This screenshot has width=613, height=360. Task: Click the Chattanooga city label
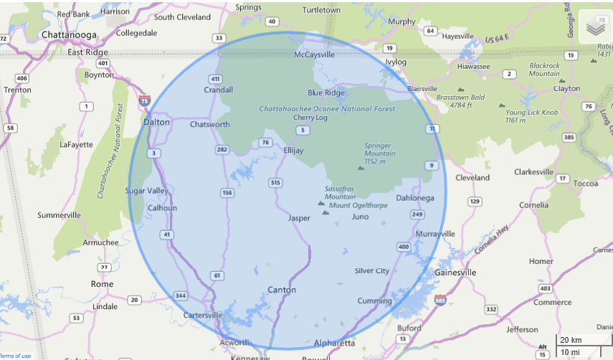68,34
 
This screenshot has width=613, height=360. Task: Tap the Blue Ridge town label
325,93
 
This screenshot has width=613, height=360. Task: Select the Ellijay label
293,151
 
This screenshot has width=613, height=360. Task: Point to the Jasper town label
299,218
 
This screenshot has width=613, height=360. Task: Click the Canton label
280,290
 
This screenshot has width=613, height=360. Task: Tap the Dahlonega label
415,198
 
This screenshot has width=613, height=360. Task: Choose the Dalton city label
156,122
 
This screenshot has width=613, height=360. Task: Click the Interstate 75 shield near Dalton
145,101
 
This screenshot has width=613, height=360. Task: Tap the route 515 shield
275,183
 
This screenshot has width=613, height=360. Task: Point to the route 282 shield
222,149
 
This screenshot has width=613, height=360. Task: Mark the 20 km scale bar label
571,340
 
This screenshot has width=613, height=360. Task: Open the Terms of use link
15,356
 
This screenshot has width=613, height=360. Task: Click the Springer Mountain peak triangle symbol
361,168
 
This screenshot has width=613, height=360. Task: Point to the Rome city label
102,284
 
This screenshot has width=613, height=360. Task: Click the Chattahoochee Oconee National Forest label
326,109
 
